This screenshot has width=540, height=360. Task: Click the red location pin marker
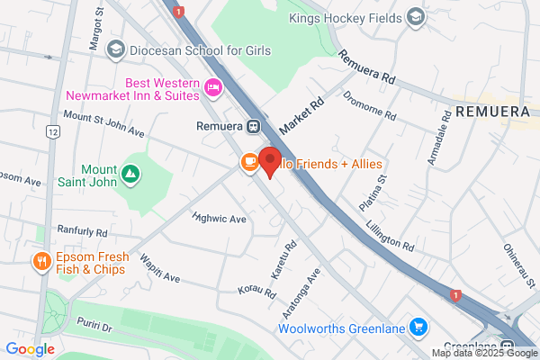click(x=270, y=162)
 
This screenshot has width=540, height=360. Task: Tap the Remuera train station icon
click(x=255, y=126)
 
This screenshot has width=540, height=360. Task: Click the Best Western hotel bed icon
click(x=213, y=87)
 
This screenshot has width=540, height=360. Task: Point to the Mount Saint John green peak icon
click(x=131, y=171)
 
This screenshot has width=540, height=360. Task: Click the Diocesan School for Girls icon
click(x=114, y=50)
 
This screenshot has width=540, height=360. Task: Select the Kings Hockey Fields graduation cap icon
click(x=415, y=17)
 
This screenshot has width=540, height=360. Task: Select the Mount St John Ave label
click(x=103, y=125)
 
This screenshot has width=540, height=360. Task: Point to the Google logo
click(x=30, y=349)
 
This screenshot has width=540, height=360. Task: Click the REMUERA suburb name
click(x=496, y=112)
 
